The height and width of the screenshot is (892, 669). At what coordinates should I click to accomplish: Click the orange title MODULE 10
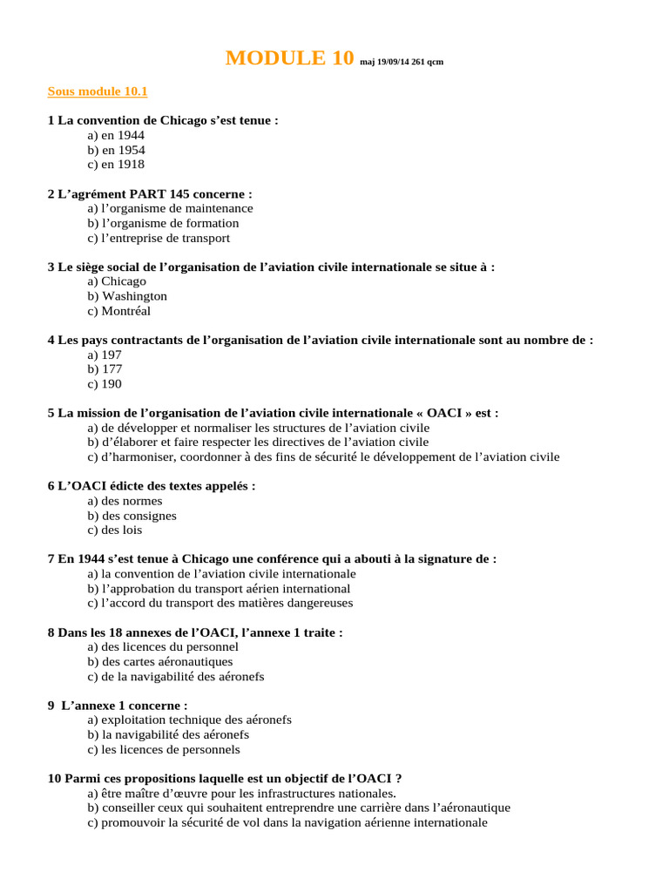click(x=289, y=58)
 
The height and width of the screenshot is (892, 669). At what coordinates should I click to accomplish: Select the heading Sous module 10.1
click(x=98, y=91)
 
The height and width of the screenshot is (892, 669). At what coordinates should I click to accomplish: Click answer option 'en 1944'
click(x=116, y=136)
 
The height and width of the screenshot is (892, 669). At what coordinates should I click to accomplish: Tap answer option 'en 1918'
click(x=116, y=165)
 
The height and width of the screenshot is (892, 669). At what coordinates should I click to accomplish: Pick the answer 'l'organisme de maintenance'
click(x=170, y=209)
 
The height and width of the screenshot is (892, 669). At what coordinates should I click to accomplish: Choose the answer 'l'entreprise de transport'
click(x=159, y=238)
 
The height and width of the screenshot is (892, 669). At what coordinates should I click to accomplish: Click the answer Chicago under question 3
click(x=117, y=281)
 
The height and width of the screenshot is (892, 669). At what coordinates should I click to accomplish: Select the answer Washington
click(x=127, y=296)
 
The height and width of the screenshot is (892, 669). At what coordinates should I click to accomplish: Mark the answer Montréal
click(x=119, y=311)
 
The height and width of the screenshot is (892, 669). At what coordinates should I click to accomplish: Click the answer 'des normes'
click(x=125, y=501)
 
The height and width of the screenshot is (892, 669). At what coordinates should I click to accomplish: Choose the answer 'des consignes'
click(x=132, y=516)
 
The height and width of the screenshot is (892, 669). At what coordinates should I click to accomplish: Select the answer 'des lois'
click(x=115, y=530)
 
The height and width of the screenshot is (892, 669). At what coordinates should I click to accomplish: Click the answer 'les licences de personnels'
click(x=164, y=749)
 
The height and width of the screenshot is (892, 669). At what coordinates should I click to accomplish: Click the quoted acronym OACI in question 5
click(x=444, y=413)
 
